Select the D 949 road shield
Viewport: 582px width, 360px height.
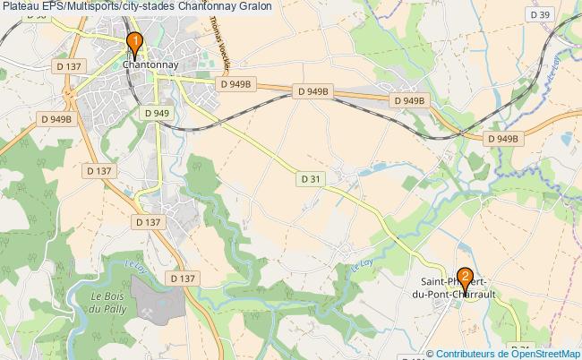pos(156,113)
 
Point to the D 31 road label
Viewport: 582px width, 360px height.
pos(310,179)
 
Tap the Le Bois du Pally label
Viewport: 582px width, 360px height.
pos(110,302)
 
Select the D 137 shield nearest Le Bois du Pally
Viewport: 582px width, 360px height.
pos(183,279)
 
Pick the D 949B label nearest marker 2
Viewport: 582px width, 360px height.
pos(502,139)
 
